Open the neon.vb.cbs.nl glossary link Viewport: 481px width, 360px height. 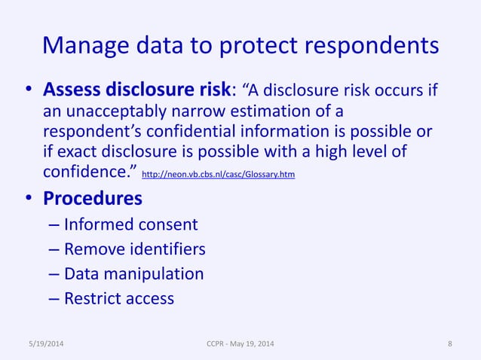point(219,175)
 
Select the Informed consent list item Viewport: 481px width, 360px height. point(130,224)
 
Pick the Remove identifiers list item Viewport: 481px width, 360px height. point(134,249)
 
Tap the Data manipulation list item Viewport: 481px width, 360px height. point(133,273)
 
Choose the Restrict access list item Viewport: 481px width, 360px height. point(119,298)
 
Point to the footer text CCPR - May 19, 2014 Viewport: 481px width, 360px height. point(240,344)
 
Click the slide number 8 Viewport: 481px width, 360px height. point(450,344)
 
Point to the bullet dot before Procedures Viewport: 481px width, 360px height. point(26,200)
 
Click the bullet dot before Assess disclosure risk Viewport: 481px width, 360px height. point(26,91)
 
